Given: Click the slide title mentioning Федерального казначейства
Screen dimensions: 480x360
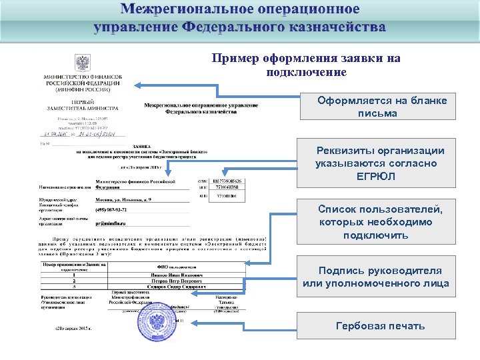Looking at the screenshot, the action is [x=240, y=19].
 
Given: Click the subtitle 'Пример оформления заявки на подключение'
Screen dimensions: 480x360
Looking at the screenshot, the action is [x=306, y=65].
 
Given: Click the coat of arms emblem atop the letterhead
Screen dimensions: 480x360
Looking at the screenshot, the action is [x=82, y=63].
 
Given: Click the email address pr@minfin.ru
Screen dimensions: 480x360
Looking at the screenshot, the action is [x=114, y=224].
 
